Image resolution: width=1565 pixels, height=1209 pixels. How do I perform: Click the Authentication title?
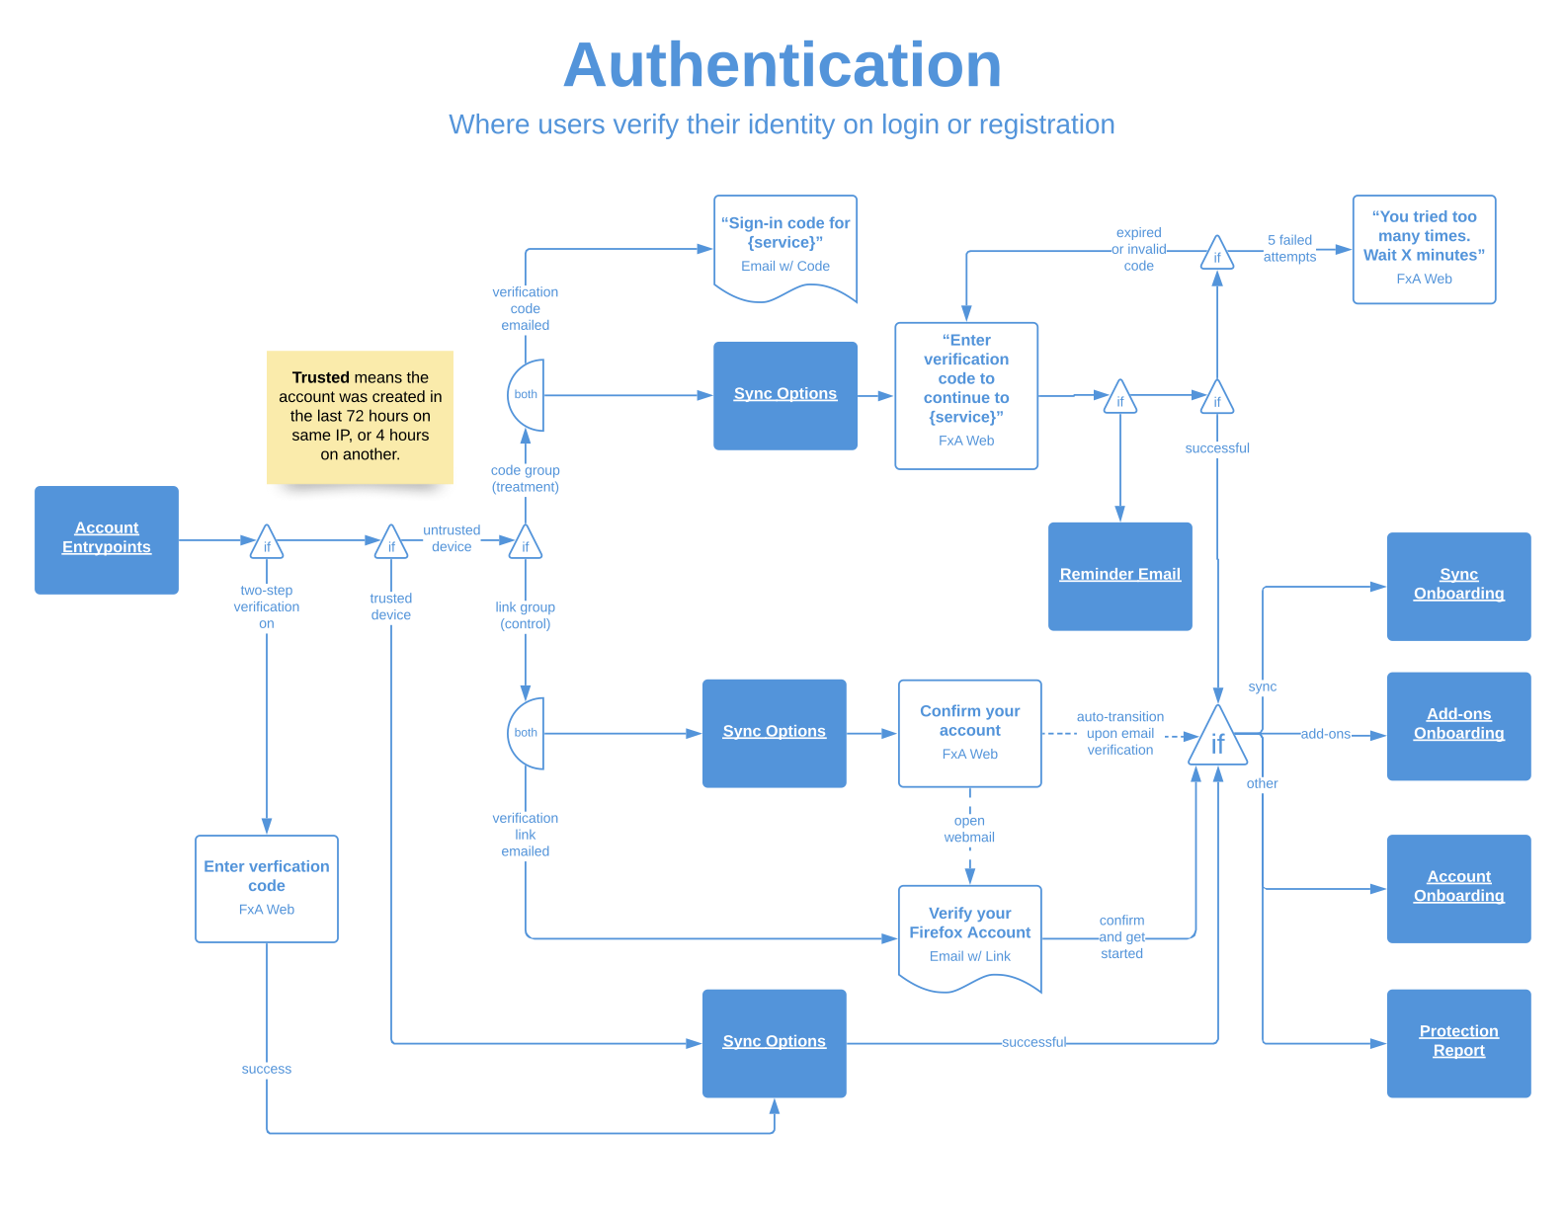(782, 65)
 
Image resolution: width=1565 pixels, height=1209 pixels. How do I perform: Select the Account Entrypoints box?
(107, 539)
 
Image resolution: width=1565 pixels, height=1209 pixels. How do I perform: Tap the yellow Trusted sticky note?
(360, 416)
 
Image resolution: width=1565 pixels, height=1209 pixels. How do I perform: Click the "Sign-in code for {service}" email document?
(785, 246)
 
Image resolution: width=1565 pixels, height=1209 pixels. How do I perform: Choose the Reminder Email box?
(1119, 576)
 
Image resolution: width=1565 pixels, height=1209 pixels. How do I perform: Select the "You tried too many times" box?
(1424, 249)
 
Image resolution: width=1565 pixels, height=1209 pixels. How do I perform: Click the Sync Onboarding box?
(1458, 586)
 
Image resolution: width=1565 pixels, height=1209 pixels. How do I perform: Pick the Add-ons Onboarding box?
(1458, 726)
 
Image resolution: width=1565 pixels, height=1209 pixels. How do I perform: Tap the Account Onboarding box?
(1458, 888)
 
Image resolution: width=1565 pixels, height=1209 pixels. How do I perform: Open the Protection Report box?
(1458, 1043)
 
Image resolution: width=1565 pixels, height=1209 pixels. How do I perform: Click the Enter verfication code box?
(267, 888)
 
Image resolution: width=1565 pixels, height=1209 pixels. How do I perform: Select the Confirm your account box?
(969, 733)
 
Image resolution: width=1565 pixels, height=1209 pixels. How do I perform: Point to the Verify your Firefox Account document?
(969, 934)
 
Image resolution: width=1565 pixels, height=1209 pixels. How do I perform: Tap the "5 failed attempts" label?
(1289, 248)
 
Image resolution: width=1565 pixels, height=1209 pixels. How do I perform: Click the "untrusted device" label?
(452, 538)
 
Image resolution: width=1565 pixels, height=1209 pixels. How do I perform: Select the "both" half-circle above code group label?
(528, 395)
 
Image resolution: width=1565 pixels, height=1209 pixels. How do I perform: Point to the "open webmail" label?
(969, 829)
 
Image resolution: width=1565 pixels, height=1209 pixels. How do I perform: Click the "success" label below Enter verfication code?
(267, 1069)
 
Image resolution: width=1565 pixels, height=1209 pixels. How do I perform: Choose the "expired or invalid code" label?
(1138, 249)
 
